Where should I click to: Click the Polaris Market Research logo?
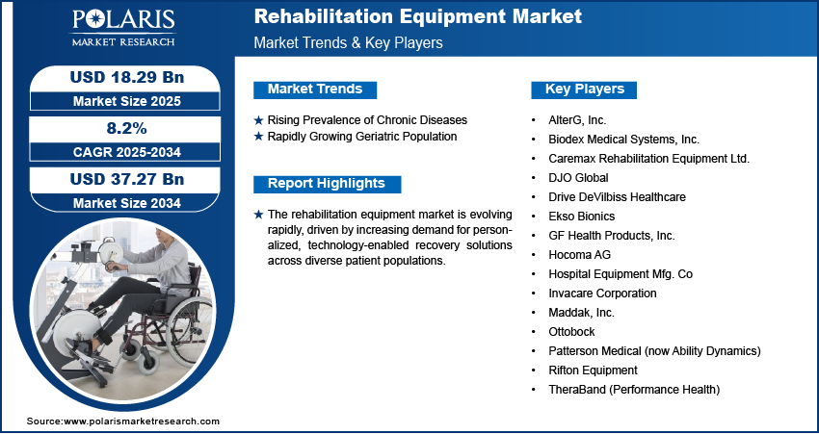pyautogui.click(x=123, y=28)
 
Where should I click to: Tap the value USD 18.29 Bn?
pyautogui.click(x=127, y=77)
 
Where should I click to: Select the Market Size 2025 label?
pyautogui.click(x=127, y=101)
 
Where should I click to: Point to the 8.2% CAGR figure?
pyautogui.click(x=127, y=128)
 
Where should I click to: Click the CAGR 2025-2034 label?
pyautogui.click(x=127, y=152)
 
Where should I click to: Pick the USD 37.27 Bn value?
pyautogui.click(x=127, y=179)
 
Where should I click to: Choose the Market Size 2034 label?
pyautogui.click(x=127, y=203)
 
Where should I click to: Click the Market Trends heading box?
pyautogui.click(x=315, y=89)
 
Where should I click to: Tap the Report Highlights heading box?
pyautogui.click(x=327, y=184)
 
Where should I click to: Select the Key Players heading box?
pyautogui.click(x=584, y=89)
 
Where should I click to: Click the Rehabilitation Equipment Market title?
pyautogui.click(x=418, y=16)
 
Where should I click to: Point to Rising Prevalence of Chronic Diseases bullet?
pyautogui.click(x=367, y=120)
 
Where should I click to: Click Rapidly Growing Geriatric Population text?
pyautogui.click(x=362, y=137)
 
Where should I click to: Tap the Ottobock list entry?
pyautogui.click(x=571, y=332)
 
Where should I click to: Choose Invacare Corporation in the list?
pyautogui.click(x=602, y=294)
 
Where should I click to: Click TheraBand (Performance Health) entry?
pyautogui.click(x=634, y=390)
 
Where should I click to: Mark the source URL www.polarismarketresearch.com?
pyautogui.click(x=142, y=421)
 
